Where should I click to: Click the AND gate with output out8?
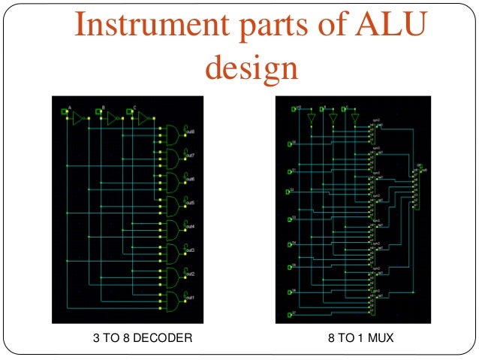coord(172,133)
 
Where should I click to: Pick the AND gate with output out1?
coord(172,300)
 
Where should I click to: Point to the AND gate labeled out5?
coord(172,204)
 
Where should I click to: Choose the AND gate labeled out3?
coord(172,252)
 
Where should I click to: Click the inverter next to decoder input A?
coord(78,118)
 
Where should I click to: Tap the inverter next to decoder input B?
coord(112,118)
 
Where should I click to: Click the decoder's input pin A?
coord(65,112)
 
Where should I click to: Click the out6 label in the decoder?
coord(191,179)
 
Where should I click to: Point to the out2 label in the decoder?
coord(191,274)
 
